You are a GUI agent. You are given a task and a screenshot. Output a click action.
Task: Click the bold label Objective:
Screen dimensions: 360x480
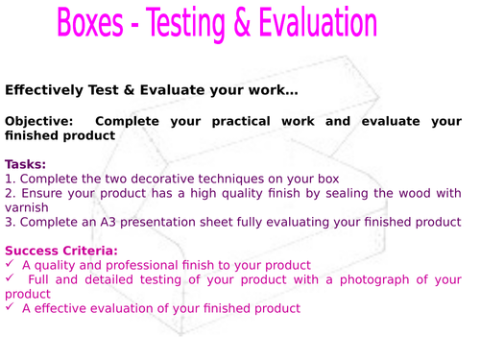click(x=37, y=122)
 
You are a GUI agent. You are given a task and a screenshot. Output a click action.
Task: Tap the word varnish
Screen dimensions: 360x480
click(x=27, y=206)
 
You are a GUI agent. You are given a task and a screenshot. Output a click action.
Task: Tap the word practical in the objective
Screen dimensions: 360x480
click(x=247, y=122)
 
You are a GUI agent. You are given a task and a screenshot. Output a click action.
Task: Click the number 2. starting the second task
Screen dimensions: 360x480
click(x=10, y=192)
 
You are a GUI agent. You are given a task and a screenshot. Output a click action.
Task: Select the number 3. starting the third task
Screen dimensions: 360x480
click(x=10, y=222)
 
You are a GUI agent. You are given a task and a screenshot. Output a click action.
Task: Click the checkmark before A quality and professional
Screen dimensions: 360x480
click(x=10, y=265)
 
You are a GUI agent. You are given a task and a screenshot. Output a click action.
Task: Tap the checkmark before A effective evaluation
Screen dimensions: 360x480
click(x=10, y=308)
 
